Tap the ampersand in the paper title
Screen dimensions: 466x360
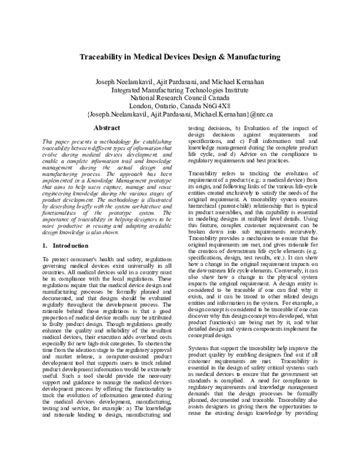click(x=226, y=58)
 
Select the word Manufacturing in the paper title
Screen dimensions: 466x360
click(x=255, y=58)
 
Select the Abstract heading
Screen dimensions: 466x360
click(x=107, y=128)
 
